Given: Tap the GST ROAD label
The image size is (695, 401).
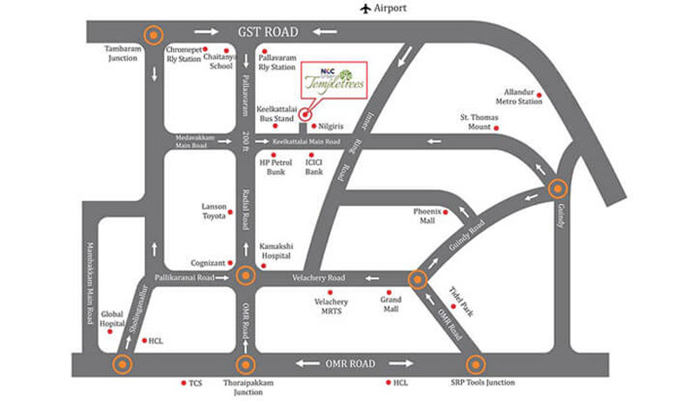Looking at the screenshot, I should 268,32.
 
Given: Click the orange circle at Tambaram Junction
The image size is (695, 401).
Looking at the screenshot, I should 154,36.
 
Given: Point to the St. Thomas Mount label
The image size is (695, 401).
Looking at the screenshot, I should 474,122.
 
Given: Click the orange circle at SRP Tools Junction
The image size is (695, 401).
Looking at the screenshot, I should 474,365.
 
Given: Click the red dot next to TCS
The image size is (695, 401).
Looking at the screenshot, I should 182,382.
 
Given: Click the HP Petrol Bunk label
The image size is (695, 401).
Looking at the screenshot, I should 275,167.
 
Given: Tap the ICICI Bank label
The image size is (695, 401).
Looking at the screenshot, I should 314,167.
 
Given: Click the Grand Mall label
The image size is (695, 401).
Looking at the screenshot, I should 389,304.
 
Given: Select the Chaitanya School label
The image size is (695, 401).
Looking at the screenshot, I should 220,61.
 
